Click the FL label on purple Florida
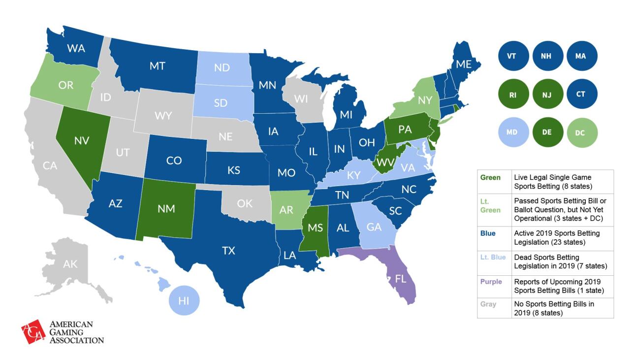tap(401, 279)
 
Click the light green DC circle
tap(581, 132)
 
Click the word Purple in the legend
tap(492, 282)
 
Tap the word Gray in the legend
tap(489, 304)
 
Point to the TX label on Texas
tap(228, 251)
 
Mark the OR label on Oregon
tap(65, 85)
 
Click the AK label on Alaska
tap(70, 264)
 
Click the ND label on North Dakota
tap(222, 67)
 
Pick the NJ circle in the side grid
tap(547, 94)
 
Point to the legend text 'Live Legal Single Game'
tap(552, 177)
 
